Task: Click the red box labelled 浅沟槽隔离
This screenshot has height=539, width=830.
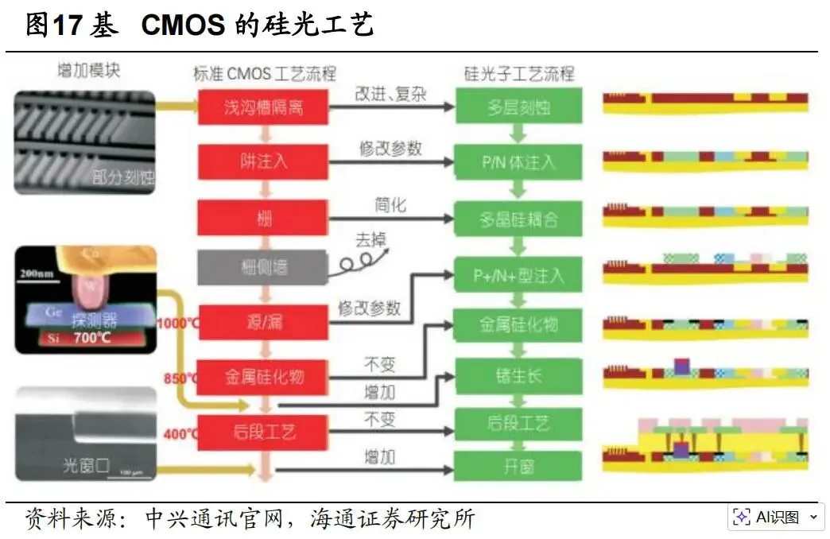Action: (x=262, y=107)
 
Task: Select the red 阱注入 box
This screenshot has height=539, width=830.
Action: (x=262, y=161)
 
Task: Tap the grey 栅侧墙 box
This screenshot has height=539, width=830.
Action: (x=262, y=268)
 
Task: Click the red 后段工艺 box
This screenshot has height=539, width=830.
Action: (x=262, y=432)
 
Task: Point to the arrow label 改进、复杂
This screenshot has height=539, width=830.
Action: (x=390, y=94)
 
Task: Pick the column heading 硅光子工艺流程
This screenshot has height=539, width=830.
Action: (x=518, y=74)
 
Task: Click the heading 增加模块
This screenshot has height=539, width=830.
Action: (x=89, y=70)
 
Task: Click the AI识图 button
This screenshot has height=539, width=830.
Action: (x=774, y=518)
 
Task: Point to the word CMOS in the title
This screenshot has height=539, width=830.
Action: (x=183, y=25)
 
